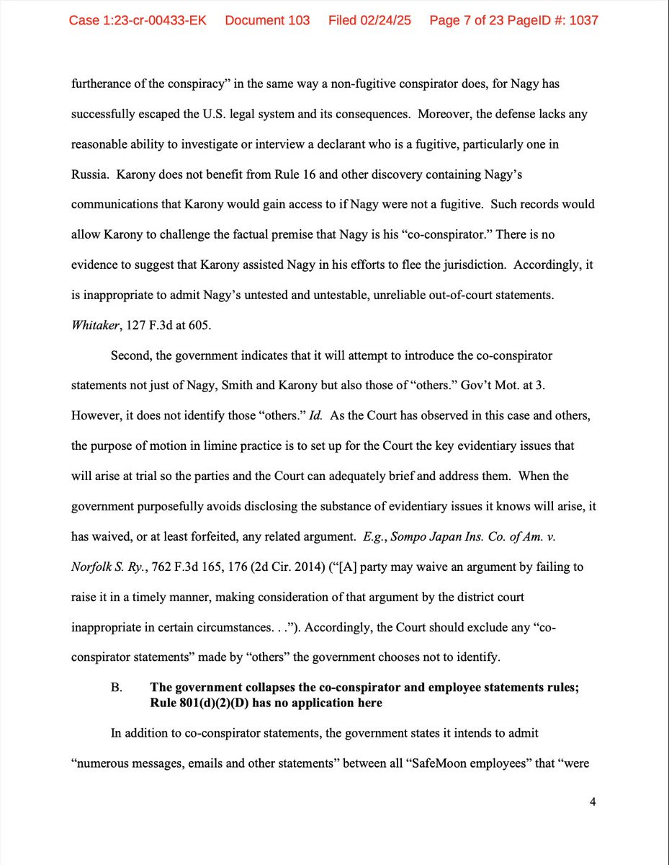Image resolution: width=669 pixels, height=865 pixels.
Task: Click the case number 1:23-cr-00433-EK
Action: [138, 20]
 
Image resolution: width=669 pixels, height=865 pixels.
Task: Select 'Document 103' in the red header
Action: [267, 20]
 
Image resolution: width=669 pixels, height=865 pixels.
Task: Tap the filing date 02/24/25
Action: [387, 20]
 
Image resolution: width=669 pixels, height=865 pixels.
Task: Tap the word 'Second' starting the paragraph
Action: [131, 356]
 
